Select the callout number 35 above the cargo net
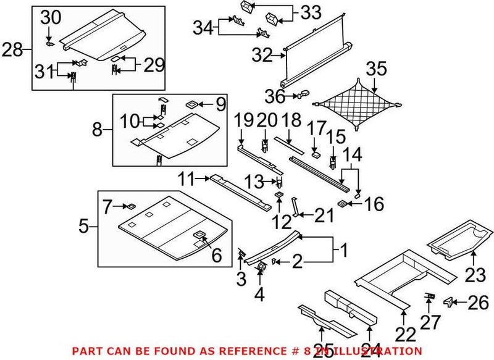[376, 69]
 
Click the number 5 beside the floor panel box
[84, 227]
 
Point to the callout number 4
[259, 295]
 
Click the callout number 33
[311, 12]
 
